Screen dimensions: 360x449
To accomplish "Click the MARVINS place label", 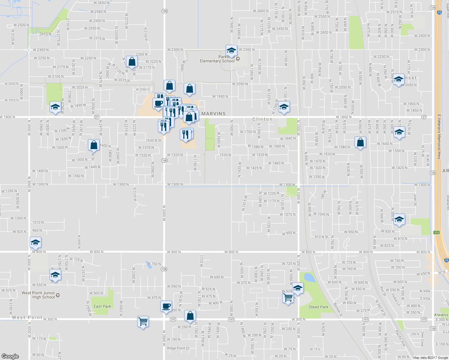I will (213, 114).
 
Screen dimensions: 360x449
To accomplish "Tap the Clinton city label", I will (262, 119).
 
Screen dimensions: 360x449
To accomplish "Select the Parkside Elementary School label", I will (217, 59).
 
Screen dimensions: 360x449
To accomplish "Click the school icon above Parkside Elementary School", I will (231, 50).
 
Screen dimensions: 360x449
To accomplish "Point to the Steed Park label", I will (318, 307).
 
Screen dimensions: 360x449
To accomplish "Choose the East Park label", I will (102, 306).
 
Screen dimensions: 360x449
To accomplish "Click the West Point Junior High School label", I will (38, 295).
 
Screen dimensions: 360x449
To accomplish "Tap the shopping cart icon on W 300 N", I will (143, 322).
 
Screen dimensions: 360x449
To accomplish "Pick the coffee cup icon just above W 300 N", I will (166, 306).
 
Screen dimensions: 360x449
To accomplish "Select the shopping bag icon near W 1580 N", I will (360, 142).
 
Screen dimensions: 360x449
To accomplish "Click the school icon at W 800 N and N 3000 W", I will (35, 242).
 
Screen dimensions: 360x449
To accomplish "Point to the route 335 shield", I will (436, 233).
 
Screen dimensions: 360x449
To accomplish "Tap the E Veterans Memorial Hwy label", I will (439, 136).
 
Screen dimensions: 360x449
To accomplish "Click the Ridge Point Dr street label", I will (178, 348).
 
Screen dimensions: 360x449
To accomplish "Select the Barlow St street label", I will (338, 310).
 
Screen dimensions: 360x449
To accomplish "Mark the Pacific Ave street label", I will (400, 338).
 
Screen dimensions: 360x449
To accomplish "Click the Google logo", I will (10, 356).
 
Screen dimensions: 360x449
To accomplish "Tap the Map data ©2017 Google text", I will (430, 358).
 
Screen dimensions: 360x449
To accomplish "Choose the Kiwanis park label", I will (441, 315).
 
